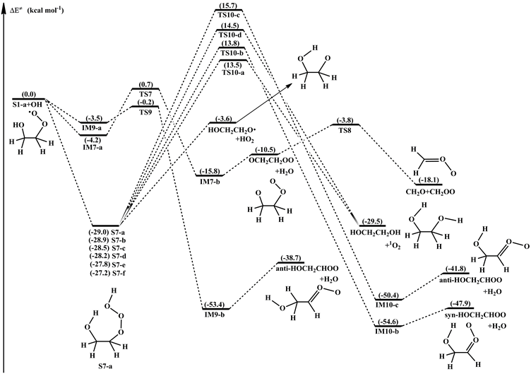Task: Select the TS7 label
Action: coord(146,95)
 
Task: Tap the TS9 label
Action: coord(146,112)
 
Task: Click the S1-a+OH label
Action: coord(30,105)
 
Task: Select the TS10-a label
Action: coord(232,72)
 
